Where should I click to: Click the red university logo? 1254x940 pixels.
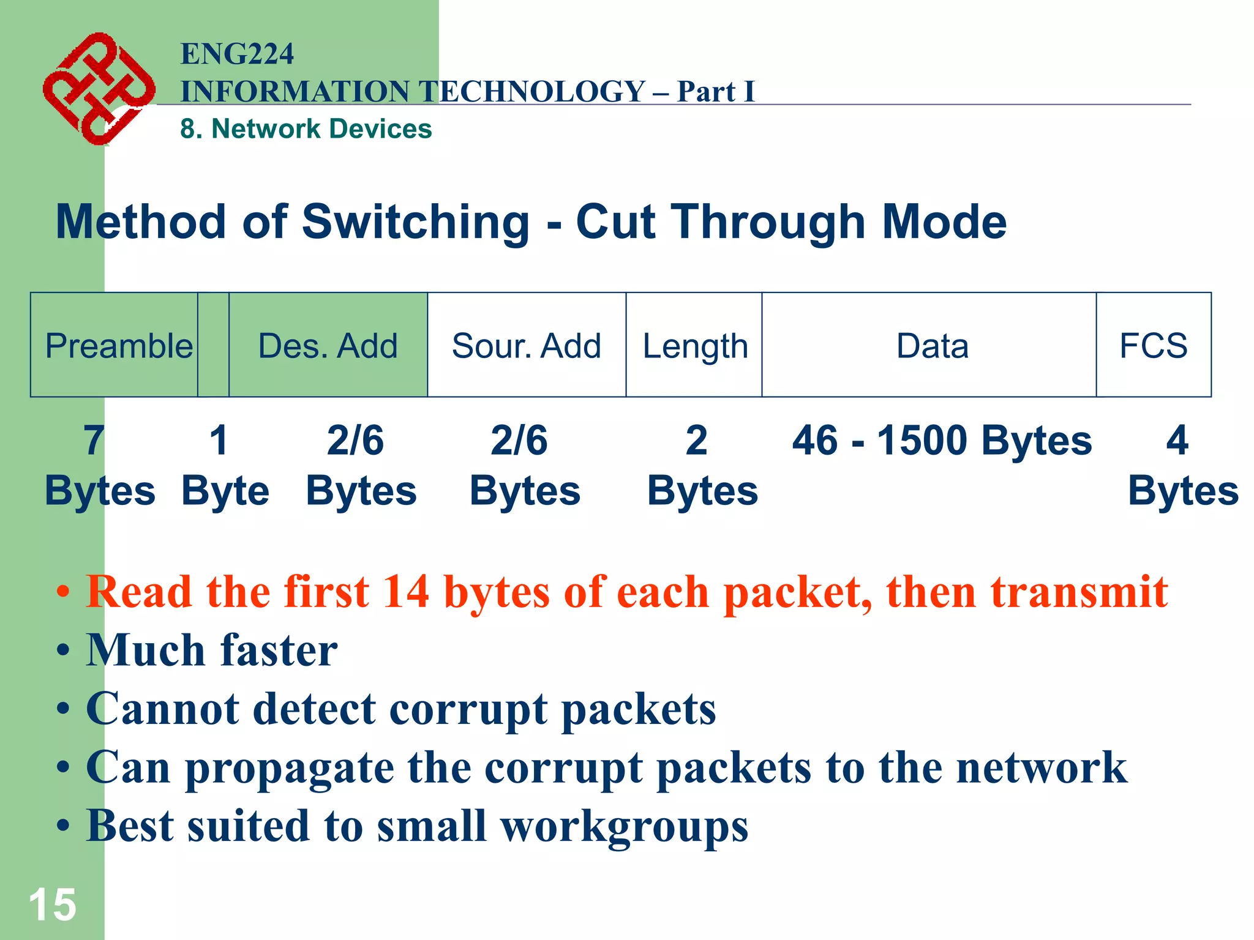pyautogui.click(x=98, y=89)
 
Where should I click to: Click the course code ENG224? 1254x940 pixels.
pyautogui.click(x=237, y=54)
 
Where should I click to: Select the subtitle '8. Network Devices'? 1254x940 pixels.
pyautogui.click(x=306, y=129)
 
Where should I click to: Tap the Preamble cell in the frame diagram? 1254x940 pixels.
pyautogui.click(x=115, y=346)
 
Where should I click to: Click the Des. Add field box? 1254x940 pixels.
pyautogui.click(x=328, y=346)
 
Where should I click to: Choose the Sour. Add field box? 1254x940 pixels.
pyautogui.click(x=526, y=346)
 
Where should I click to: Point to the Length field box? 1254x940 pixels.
pyautogui.click(x=694, y=346)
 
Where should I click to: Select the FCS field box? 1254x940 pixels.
pyautogui.click(x=1153, y=346)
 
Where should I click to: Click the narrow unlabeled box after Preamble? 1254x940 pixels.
pyautogui.click(x=214, y=346)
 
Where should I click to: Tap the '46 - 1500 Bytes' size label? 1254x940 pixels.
pyautogui.click(x=941, y=440)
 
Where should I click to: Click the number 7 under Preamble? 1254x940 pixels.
pyautogui.click(x=94, y=440)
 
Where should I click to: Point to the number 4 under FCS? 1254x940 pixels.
pyautogui.click(x=1176, y=440)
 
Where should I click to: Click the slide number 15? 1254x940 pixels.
pyautogui.click(x=53, y=904)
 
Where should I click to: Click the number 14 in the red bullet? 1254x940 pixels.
pyautogui.click(x=405, y=592)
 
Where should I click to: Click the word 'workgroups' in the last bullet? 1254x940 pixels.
pyautogui.click(x=624, y=826)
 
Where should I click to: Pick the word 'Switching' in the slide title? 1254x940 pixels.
pyautogui.click(x=416, y=222)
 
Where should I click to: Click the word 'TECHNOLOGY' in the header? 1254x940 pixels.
pyautogui.click(x=533, y=92)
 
